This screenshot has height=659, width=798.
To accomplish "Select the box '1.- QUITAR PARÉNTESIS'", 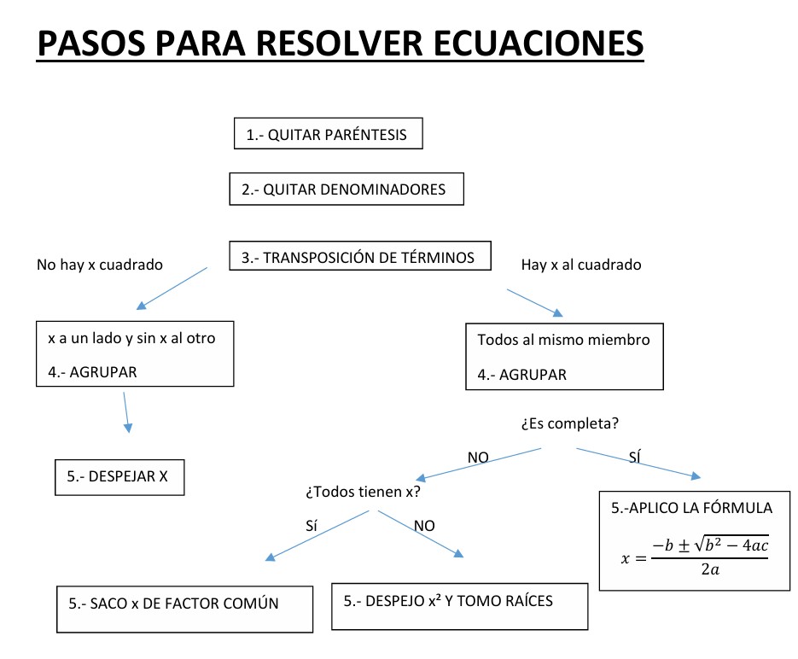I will pyautogui.click(x=328, y=134).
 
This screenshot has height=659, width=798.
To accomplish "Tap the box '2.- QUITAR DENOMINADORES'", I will pyautogui.click(x=346, y=189).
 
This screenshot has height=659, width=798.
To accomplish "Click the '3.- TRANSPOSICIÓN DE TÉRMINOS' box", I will pyautogui.click(x=359, y=257).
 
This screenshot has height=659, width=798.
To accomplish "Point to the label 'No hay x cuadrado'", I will pyautogui.click(x=100, y=265).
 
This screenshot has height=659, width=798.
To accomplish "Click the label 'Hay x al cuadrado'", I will pyautogui.click(x=580, y=265).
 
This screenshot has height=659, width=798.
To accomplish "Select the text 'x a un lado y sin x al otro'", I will pyautogui.click(x=131, y=338).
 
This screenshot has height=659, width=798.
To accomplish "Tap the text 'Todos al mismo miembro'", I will pyautogui.click(x=563, y=340).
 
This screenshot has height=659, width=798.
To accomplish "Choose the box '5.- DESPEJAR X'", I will pyautogui.click(x=119, y=477).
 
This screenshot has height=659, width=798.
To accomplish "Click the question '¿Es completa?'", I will pyautogui.click(x=569, y=423).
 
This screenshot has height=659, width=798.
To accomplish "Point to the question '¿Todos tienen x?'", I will pyautogui.click(x=363, y=493).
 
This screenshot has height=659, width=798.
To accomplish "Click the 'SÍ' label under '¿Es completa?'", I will pyautogui.click(x=634, y=458).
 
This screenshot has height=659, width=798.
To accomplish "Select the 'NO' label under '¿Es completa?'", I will pyautogui.click(x=478, y=458).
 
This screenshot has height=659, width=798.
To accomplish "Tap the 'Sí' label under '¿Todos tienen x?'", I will pyautogui.click(x=311, y=526).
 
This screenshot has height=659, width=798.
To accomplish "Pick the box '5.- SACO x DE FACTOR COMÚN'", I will pyautogui.click(x=173, y=603).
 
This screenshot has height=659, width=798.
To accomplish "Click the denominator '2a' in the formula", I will pyautogui.click(x=708, y=569).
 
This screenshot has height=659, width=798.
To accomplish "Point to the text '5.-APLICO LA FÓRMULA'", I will pyautogui.click(x=691, y=508).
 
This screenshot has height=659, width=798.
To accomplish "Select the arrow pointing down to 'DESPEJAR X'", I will pyautogui.click(x=126, y=411).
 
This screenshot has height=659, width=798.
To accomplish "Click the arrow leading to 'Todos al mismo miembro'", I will pyautogui.click(x=535, y=303).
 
